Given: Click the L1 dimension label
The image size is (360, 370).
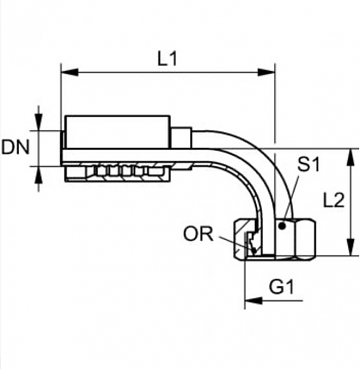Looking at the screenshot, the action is pos(167,59).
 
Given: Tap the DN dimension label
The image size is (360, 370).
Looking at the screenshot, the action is pos(15,148).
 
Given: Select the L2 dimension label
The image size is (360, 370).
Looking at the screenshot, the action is pos(334,201).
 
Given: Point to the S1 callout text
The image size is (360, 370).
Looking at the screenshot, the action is pos(308,164).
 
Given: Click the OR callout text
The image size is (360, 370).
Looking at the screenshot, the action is pos(198,234).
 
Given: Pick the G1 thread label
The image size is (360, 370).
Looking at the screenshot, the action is pos(282,287).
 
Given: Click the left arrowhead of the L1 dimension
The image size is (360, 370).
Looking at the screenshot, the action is pos(70,72).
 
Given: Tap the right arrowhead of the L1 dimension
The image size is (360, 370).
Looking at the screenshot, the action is pos(266,72).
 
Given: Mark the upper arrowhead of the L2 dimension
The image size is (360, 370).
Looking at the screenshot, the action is pos(350,157).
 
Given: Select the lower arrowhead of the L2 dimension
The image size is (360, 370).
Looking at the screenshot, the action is pos(350,247).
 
